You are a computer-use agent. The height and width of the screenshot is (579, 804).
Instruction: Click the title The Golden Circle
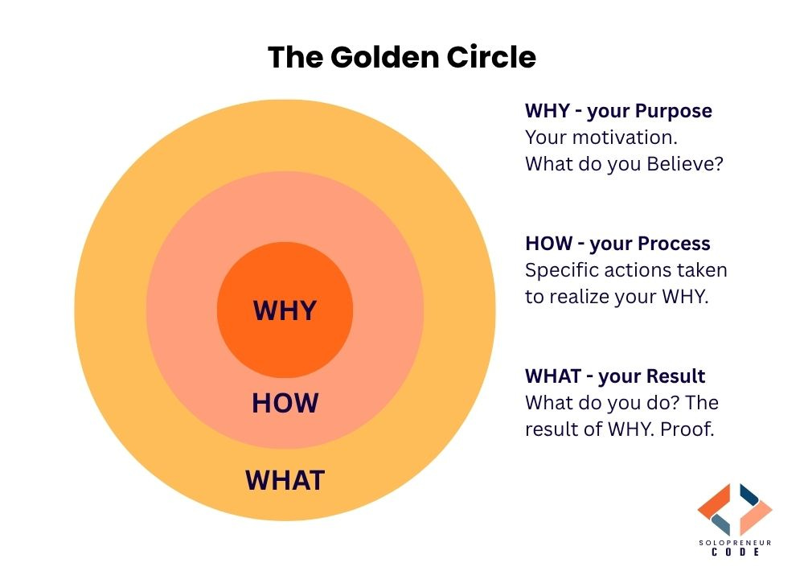pos(401,57)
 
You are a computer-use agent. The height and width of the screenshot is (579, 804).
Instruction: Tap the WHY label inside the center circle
pos(285,310)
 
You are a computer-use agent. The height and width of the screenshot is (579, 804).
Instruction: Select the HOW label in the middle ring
pos(285,403)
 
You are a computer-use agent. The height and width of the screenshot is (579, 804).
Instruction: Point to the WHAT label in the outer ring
pos(285,480)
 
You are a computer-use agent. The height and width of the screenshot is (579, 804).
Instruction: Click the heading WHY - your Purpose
pos(618,111)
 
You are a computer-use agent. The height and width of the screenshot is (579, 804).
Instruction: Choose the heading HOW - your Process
pos(617,243)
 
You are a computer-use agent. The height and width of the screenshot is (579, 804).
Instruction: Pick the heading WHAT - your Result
pos(615,376)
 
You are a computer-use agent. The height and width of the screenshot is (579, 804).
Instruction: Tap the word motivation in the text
pos(620,138)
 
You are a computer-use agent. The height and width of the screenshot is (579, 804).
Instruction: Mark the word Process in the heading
pos(674,243)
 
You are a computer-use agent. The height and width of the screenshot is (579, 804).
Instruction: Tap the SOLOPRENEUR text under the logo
pos(735,544)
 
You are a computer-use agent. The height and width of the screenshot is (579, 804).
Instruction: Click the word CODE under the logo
pos(735,556)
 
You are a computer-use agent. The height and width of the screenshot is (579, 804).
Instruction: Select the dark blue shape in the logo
pos(753,495)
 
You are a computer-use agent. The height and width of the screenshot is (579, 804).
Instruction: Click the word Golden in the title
pos(377,57)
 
